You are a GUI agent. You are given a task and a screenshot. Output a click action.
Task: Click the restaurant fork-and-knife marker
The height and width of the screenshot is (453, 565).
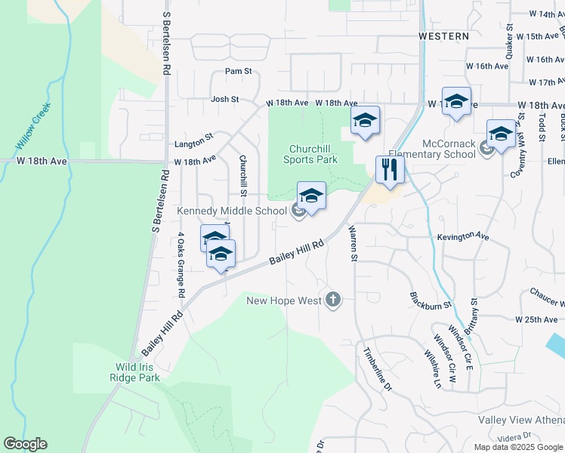390,169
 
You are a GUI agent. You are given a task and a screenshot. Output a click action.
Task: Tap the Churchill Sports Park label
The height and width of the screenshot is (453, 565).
310,154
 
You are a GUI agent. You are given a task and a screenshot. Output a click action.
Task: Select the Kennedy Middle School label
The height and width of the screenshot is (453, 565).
231,211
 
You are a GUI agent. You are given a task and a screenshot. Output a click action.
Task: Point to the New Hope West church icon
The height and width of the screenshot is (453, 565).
332,300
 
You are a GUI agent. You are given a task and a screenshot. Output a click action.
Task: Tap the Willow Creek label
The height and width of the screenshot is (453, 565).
33,125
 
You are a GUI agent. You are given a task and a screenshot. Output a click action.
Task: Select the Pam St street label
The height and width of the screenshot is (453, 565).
238,72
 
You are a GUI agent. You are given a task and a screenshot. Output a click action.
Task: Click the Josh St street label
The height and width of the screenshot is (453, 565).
224,99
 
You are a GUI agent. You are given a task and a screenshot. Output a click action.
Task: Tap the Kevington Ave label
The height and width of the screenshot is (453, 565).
463,236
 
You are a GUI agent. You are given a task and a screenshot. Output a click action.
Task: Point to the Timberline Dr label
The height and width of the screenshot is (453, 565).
377,369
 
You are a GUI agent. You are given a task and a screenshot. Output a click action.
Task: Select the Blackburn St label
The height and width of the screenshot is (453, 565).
430,300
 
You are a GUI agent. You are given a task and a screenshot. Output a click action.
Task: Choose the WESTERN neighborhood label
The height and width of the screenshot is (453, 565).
444,36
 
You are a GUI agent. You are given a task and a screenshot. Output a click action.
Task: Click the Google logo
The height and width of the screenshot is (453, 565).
25,444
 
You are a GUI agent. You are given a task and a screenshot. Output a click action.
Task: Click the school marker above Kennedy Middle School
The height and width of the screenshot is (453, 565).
310,196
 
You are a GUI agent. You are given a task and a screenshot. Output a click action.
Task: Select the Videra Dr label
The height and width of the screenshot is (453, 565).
517,436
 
